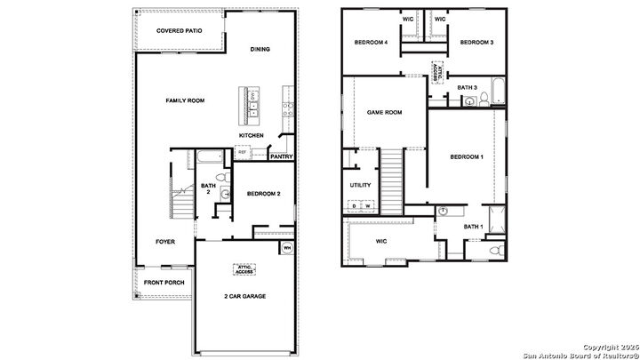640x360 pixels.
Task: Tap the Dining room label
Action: tap(260, 49)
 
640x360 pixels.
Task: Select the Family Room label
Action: tap(185, 100)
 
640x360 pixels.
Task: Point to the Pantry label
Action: tap(282, 157)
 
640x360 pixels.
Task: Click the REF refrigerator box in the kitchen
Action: tap(242, 152)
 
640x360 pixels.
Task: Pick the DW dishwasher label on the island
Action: tap(252, 94)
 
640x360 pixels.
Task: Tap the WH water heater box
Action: tap(287, 247)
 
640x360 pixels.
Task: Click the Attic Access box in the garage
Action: tap(244, 268)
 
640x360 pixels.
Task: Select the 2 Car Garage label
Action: tap(244, 296)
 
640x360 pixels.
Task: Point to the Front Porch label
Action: tap(164, 284)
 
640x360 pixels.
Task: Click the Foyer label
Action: tap(165, 241)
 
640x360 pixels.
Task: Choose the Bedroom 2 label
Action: tap(264, 194)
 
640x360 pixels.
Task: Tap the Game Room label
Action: tap(385, 113)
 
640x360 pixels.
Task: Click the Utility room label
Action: tap(360, 185)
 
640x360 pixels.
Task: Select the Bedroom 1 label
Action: tap(467, 157)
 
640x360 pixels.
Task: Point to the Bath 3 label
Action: tap(468, 87)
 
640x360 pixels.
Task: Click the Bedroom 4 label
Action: tap(372, 43)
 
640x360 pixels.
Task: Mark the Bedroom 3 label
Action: tap(476, 43)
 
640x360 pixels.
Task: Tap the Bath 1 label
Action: tap(473, 227)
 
